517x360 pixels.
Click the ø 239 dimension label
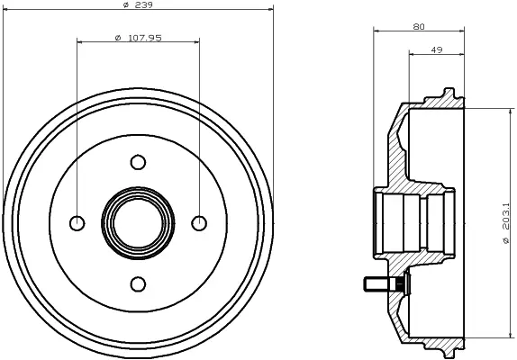(x=137, y=4)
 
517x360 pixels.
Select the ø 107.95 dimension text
(x=138, y=38)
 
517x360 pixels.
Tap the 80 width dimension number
(x=419, y=27)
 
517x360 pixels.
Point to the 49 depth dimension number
(x=437, y=50)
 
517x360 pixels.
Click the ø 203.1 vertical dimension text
(x=506, y=223)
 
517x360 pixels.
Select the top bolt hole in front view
(x=138, y=162)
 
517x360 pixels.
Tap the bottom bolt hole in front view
(x=138, y=283)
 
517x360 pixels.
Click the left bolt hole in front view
(x=77, y=223)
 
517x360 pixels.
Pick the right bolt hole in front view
(x=199, y=223)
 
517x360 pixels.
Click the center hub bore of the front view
(x=138, y=223)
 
